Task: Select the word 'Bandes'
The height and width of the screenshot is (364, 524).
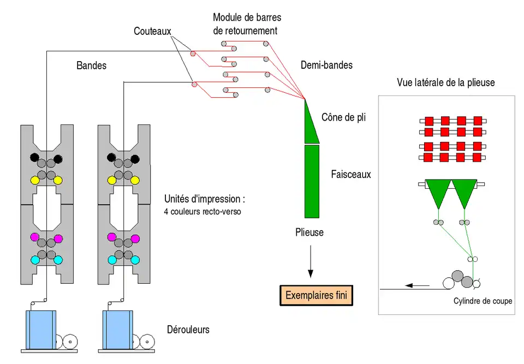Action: [x=91, y=65]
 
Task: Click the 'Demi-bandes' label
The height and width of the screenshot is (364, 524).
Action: [x=326, y=65]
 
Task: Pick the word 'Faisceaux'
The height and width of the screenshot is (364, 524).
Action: [x=351, y=175]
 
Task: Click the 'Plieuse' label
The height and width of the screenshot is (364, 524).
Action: [x=309, y=232]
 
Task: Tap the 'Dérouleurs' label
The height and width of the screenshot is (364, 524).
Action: [x=188, y=330]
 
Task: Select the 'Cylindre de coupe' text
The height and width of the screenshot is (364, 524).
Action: [x=483, y=301]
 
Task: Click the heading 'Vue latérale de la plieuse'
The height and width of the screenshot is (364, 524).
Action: [x=446, y=82]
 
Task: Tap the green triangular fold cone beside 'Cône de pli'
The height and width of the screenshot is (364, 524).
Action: [x=312, y=123]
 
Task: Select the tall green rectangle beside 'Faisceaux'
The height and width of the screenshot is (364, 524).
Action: [x=312, y=181]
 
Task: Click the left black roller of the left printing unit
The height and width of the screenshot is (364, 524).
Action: [x=35, y=158]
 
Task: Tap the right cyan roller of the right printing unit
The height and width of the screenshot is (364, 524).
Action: [x=135, y=260]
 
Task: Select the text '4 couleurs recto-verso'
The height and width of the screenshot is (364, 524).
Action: [x=203, y=212]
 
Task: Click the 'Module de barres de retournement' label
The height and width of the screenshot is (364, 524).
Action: [x=247, y=25]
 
